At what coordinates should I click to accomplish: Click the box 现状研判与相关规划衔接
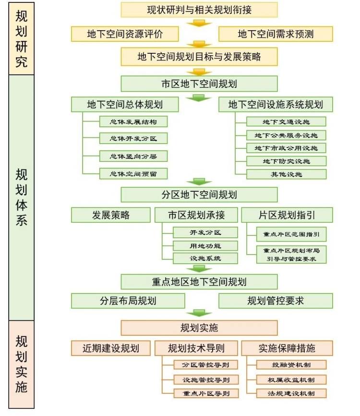(x=199, y=10)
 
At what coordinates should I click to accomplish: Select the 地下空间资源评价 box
(x=125, y=34)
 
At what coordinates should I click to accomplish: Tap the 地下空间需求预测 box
(x=276, y=34)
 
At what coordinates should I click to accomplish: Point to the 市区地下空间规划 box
(x=199, y=84)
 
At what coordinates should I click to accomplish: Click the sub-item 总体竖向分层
(x=133, y=156)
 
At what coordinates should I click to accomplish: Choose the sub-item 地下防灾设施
(x=286, y=161)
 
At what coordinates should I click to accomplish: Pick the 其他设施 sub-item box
(x=286, y=174)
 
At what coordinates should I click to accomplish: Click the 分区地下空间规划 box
(x=199, y=195)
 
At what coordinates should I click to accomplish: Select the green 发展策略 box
(x=111, y=215)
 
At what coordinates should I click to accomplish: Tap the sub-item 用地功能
(x=205, y=246)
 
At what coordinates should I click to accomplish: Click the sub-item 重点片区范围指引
(x=291, y=234)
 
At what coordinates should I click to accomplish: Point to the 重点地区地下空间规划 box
(x=199, y=282)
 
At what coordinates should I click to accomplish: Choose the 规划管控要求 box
(x=276, y=301)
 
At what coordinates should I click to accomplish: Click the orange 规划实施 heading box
(x=199, y=328)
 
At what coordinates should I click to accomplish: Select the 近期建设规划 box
(x=111, y=348)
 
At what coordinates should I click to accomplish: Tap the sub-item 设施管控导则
(x=206, y=379)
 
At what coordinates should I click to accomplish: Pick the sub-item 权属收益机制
(x=291, y=379)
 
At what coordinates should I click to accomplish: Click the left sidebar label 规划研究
(x=22, y=39)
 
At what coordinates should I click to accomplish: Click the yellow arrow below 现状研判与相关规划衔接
(x=199, y=24)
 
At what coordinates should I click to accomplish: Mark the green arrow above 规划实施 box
(x=199, y=313)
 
